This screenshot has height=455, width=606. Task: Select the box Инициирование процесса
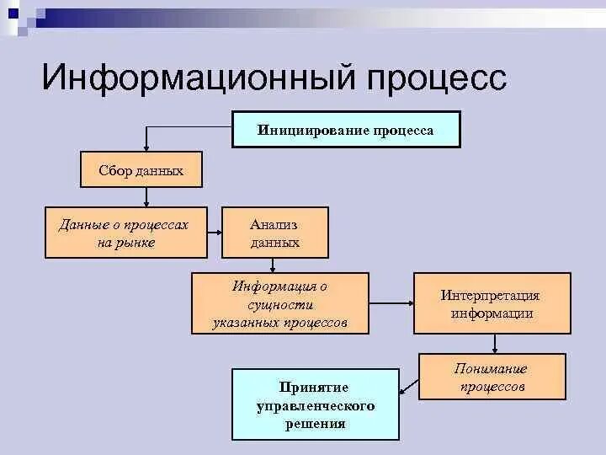[x=346, y=130]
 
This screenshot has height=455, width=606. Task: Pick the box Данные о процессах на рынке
[x=125, y=233]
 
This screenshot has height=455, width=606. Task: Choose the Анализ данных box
[x=274, y=233]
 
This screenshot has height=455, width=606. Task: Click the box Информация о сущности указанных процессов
[x=279, y=303]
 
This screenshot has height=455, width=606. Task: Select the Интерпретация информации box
[x=491, y=304]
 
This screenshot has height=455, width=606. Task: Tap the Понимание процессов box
[x=492, y=377]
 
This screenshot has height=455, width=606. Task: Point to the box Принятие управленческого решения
[x=315, y=404]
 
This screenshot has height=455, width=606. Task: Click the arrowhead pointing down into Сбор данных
[x=146, y=146]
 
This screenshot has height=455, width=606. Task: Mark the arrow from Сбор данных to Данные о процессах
[x=146, y=198]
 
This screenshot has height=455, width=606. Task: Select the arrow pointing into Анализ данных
[x=214, y=233]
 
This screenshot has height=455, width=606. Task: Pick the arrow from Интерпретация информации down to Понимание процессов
[x=495, y=344]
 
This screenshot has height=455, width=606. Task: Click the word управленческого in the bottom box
[x=315, y=405]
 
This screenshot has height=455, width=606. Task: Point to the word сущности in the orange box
[x=280, y=304]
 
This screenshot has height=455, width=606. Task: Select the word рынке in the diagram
[x=138, y=243]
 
